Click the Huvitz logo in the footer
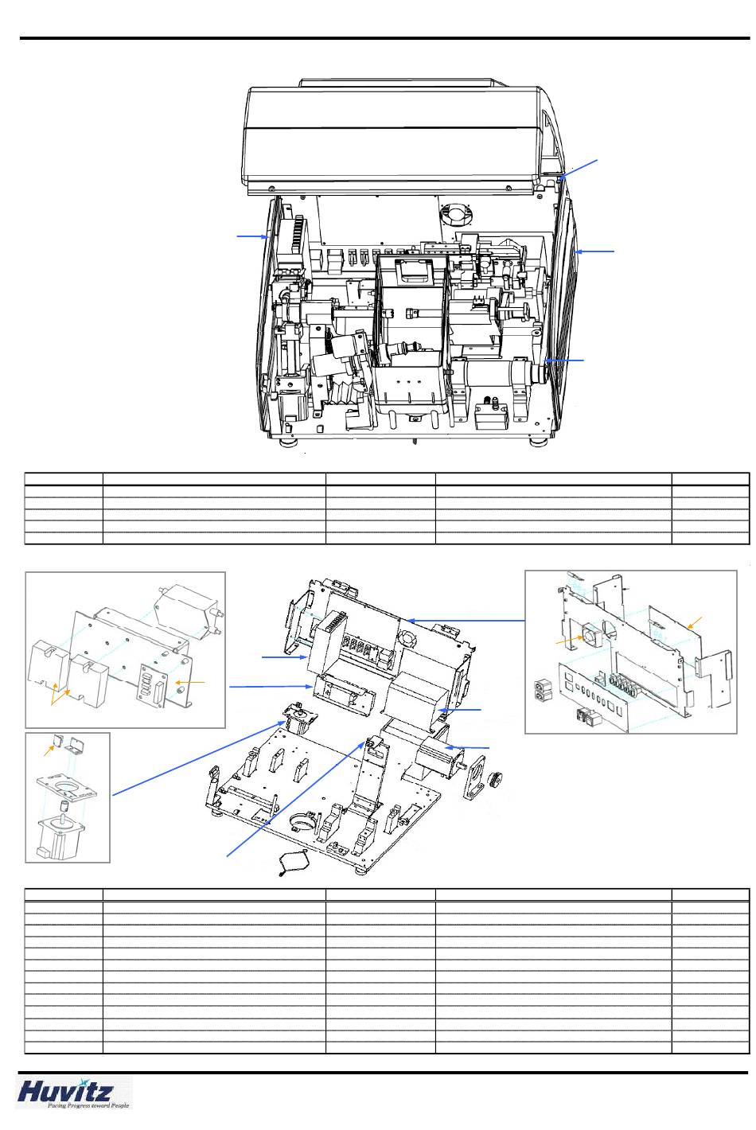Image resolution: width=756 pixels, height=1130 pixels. click(x=64, y=1092)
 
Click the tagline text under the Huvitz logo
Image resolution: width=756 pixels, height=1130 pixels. click(x=88, y=1105)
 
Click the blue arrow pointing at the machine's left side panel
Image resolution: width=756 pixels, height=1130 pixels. click(x=252, y=236)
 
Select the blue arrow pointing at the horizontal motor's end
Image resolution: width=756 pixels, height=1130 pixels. click(x=564, y=360)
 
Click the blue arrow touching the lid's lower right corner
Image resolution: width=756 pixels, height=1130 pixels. click(x=579, y=169)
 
